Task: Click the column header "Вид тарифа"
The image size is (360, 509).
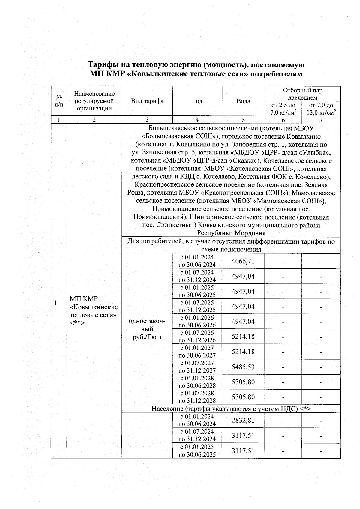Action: pos(147,101)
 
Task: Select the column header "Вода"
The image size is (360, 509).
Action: pos(243,101)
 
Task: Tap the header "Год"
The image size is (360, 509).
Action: pos(197,101)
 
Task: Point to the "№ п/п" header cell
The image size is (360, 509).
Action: pos(59,101)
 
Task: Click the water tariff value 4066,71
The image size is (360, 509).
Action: pos(243,261)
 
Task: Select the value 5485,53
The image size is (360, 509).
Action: pos(243,367)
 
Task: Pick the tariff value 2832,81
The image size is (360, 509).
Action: pos(243,420)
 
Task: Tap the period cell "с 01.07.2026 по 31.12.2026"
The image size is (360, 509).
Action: pos(197,337)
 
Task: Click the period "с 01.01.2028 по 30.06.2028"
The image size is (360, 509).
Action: pos(197,382)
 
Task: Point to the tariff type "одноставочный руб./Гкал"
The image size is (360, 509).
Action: pos(147,329)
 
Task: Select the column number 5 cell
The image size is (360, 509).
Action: pos(243,120)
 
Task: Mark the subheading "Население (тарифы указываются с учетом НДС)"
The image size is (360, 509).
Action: pos(231,409)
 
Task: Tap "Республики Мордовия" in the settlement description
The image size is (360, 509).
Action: pos(231,233)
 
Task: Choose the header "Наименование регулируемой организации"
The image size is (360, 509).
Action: pos(94,101)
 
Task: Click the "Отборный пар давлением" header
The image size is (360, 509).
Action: pos(302,94)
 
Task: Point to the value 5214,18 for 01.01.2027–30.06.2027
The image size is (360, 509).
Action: pos(243,352)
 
